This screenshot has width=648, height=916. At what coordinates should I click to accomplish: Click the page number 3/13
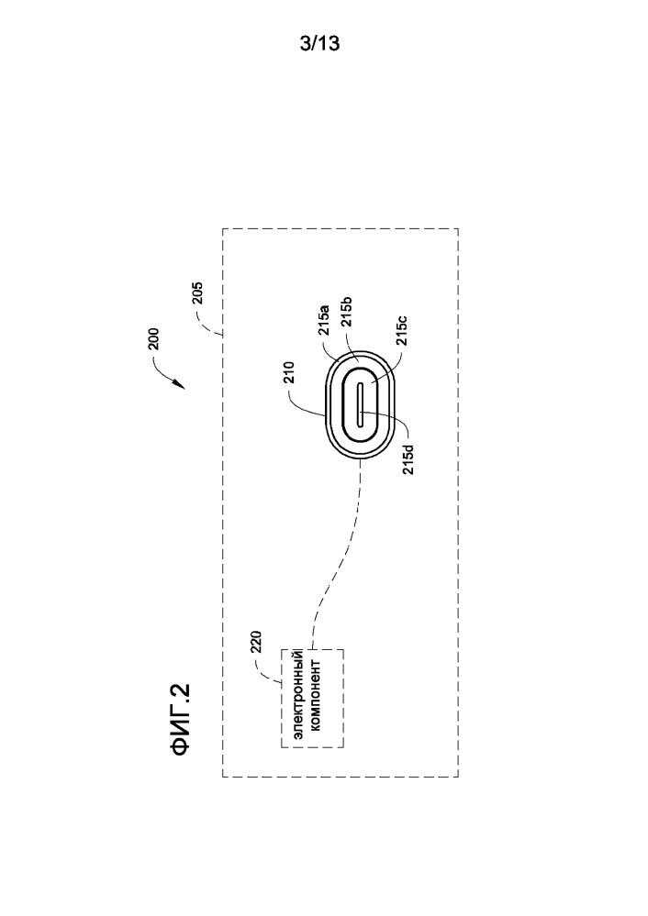319,43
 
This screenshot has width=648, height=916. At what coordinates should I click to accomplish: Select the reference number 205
197,294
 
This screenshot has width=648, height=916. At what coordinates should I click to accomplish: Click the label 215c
402,331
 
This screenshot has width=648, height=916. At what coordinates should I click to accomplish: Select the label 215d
408,459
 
